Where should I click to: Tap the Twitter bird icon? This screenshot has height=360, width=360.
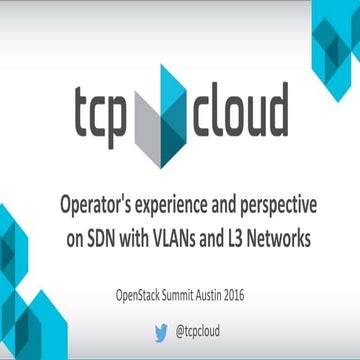tap(159, 326)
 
